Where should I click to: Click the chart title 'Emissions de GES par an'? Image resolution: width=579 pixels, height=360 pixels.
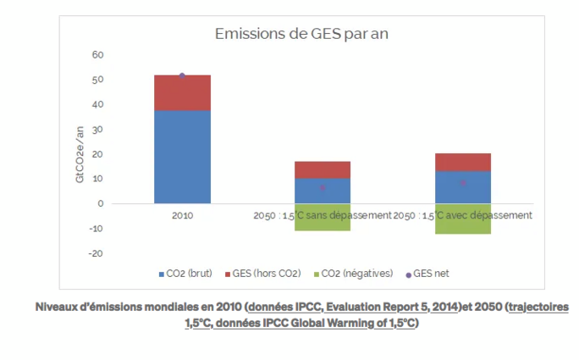click(x=301, y=34)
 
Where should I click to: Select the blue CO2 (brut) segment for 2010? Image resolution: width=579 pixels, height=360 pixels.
click(x=182, y=157)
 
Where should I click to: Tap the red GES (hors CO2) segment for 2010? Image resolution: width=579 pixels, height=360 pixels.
click(x=182, y=93)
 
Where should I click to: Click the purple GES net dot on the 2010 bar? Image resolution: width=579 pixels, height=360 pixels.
click(x=182, y=75)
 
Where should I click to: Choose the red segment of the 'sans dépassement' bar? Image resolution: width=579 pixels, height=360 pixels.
click(x=322, y=169)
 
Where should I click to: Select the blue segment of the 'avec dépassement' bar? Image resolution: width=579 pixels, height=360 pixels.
click(x=463, y=187)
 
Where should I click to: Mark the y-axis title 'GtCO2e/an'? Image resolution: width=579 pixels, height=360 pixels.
click(x=80, y=153)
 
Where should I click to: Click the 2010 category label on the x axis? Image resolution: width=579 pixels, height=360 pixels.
click(x=182, y=216)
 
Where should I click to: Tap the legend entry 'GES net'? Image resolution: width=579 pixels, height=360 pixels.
click(x=432, y=274)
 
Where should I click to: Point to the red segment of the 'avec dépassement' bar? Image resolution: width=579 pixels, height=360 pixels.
click(x=463, y=162)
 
